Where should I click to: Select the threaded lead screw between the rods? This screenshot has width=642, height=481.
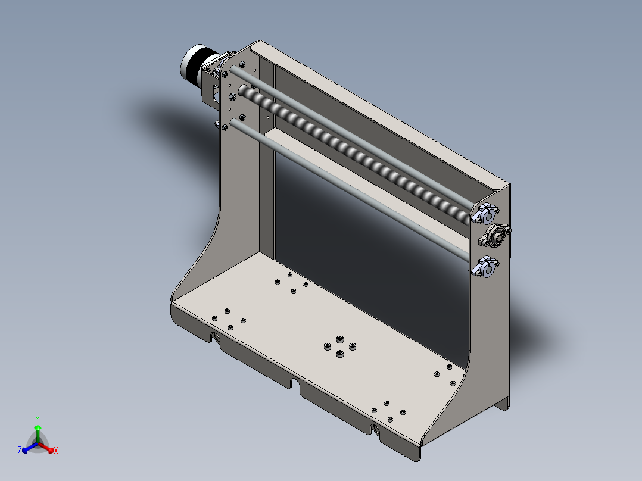click(357, 154)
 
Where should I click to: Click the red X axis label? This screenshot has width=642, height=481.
click(56, 451)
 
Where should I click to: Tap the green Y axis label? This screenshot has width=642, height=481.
click(38, 418)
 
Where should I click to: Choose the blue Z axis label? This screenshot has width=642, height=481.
click(20, 451)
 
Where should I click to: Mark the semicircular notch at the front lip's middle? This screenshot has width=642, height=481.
click(294, 382)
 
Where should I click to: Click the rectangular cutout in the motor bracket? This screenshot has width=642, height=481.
click(216, 95)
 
